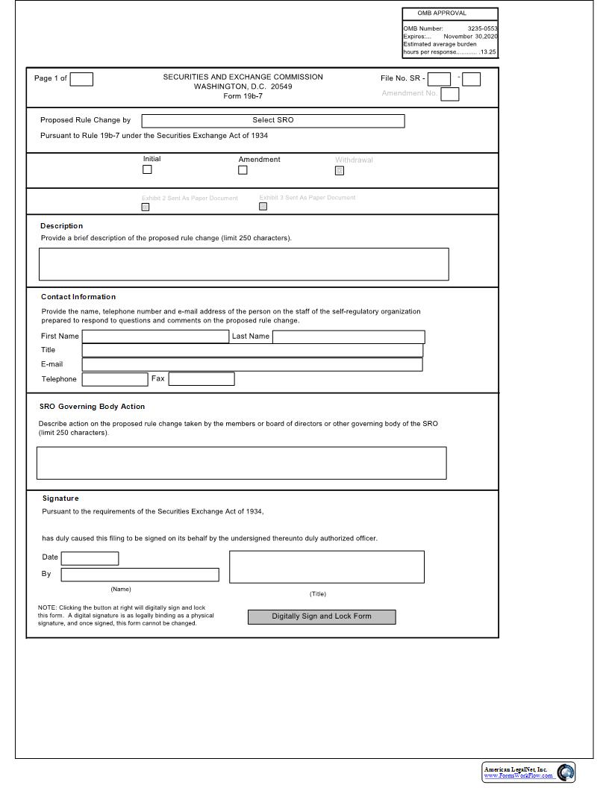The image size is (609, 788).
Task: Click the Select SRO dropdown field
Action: [x=273, y=121]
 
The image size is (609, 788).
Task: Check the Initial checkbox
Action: [x=147, y=169]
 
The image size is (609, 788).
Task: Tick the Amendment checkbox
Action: [x=243, y=170]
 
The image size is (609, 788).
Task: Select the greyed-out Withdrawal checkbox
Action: [x=340, y=171]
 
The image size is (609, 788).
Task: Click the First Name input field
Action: [x=155, y=337]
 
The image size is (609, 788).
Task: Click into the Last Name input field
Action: [x=349, y=337]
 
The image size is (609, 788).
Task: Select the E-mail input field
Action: [x=252, y=365]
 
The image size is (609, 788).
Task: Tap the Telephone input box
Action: [x=115, y=379]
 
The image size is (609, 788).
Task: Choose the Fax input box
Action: [x=202, y=379]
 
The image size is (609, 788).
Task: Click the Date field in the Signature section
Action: [x=90, y=558]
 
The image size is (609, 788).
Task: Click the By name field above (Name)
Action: [x=140, y=575]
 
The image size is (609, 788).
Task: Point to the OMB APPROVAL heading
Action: [x=442, y=13]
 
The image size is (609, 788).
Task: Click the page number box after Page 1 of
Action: [x=81, y=79]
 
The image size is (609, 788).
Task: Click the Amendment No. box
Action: [x=449, y=94]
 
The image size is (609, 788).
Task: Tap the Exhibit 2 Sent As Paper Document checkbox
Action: [x=146, y=207]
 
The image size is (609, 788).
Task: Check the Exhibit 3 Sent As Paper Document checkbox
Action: [x=263, y=207]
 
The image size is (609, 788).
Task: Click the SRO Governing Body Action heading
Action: [x=92, y=407]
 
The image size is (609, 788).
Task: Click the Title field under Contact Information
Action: [x=252, y=351]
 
